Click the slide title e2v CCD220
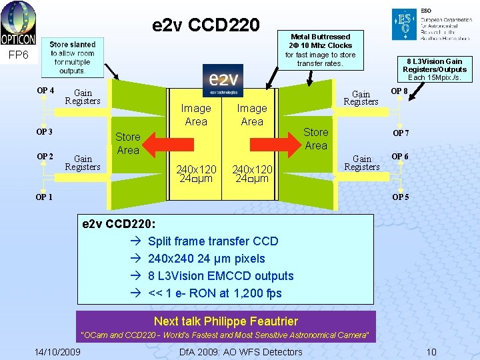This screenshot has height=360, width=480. coord(206,25)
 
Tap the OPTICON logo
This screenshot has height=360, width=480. coord(18,23)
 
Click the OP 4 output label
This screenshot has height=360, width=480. coord(45,91)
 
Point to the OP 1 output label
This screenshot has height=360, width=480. coord(44,197)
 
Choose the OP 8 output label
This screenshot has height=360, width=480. coord(400,91)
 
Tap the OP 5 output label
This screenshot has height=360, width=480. coord(401,197)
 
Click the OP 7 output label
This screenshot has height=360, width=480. coord(401,133)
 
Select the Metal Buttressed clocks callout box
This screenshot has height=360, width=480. coord(321,50)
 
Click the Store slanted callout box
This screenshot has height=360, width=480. coord(73,57)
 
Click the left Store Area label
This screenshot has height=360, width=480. coord(127,143)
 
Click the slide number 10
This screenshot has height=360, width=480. coord(431,351)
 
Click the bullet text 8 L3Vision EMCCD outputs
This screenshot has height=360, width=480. coord(220,276)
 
